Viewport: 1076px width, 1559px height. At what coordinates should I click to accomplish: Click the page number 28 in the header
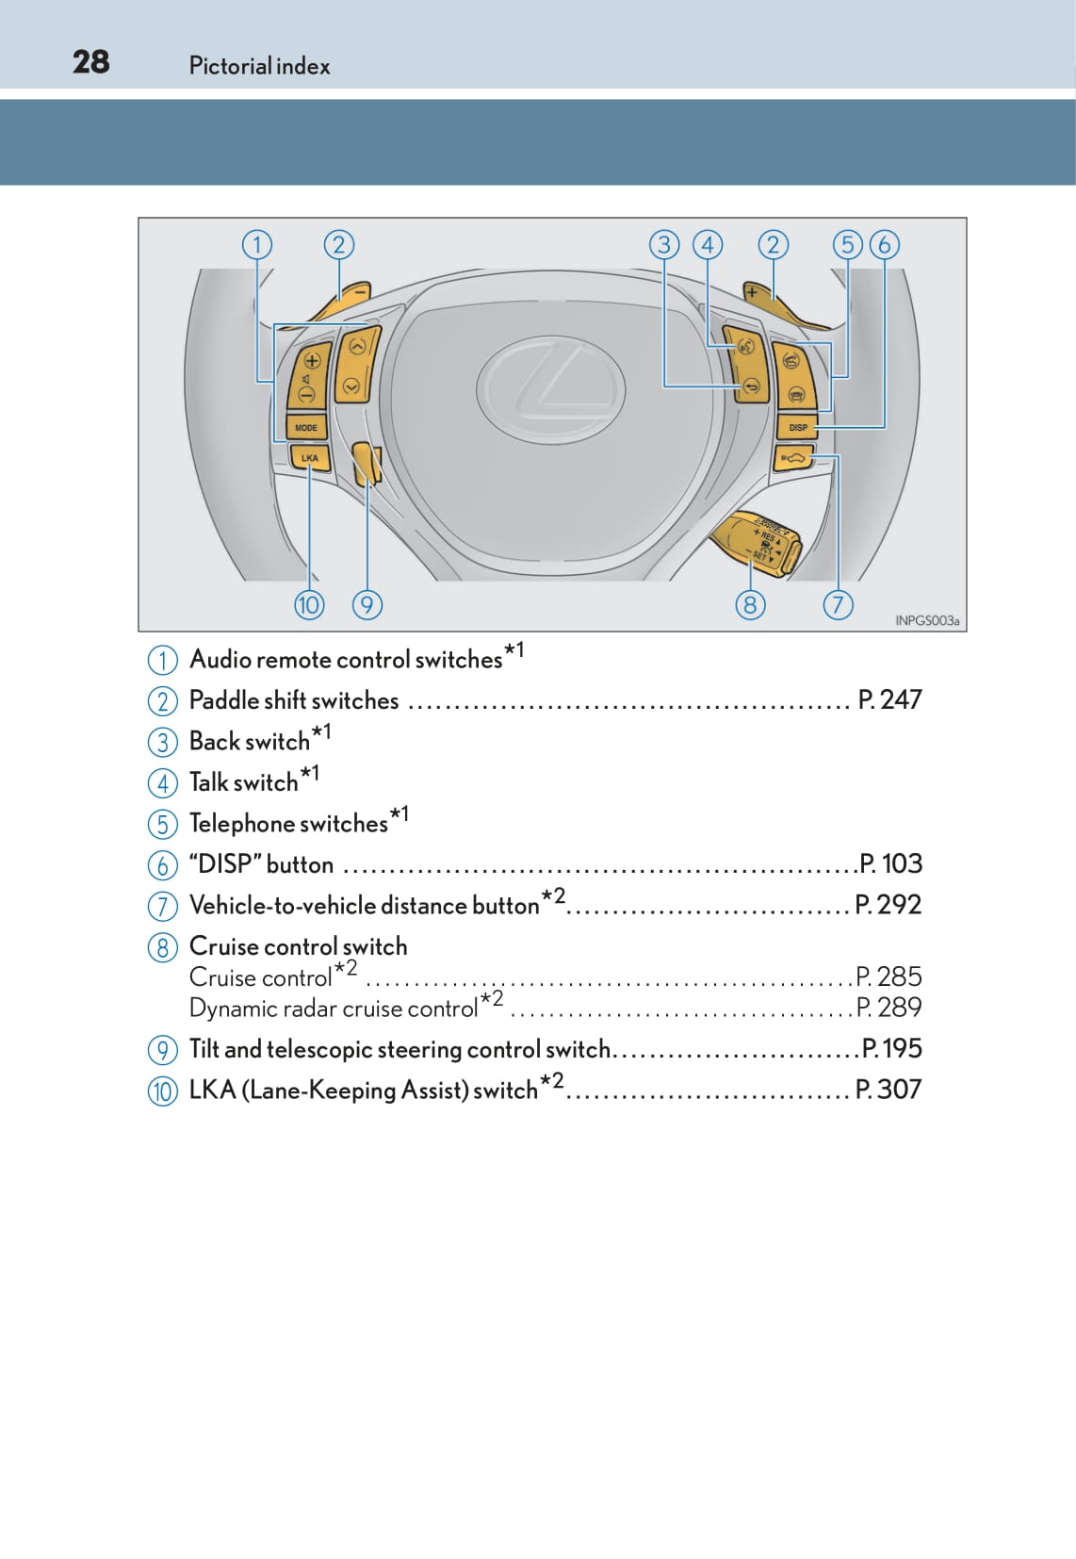pyautogui.click(x=90, y=62)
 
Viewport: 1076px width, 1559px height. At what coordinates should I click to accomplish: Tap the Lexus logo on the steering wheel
pyautogui.click(x=550, y=388)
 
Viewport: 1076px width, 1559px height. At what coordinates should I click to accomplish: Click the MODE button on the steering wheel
pyautogui.click(x=306, y=427)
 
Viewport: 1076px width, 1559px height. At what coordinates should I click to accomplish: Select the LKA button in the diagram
pyautogui.click(x=309, y=457)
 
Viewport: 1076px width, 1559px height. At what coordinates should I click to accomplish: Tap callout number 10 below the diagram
pyautogui.click(x=309, y=604)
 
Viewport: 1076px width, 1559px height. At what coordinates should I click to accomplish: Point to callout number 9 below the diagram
pyautogui.click(x=367, y=604)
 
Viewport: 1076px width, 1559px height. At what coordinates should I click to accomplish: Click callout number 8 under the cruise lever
pyautogui.click(x=749, y=604)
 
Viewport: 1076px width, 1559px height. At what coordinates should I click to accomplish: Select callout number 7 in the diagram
pyautogui.click(x=837, y=604)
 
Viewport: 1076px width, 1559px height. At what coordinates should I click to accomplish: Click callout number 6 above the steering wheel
pyautogui.click(x=884, y=245)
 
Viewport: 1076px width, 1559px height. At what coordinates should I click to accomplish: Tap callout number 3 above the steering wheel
pyautogui.click(x=664, y=245)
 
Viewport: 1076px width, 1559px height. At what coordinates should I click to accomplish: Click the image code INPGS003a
pyautogui.click(x=926, y=620)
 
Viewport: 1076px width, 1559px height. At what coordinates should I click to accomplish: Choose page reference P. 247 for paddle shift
pyautogui.click(x=889, y=699)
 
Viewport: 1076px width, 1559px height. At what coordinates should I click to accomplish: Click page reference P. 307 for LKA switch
pyautogui.click(x=888, y=1090)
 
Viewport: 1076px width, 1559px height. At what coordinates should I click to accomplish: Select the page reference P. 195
pyautogui.click(x=891, y=1048)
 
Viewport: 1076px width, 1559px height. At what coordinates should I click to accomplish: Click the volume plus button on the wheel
pyautogui.click(x=312, y=360)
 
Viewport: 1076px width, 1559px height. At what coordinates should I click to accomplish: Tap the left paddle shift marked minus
pyautogui.click(x=349, y=295)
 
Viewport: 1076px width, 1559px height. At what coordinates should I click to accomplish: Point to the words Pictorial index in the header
pyautogui.click(x=259, y=66)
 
